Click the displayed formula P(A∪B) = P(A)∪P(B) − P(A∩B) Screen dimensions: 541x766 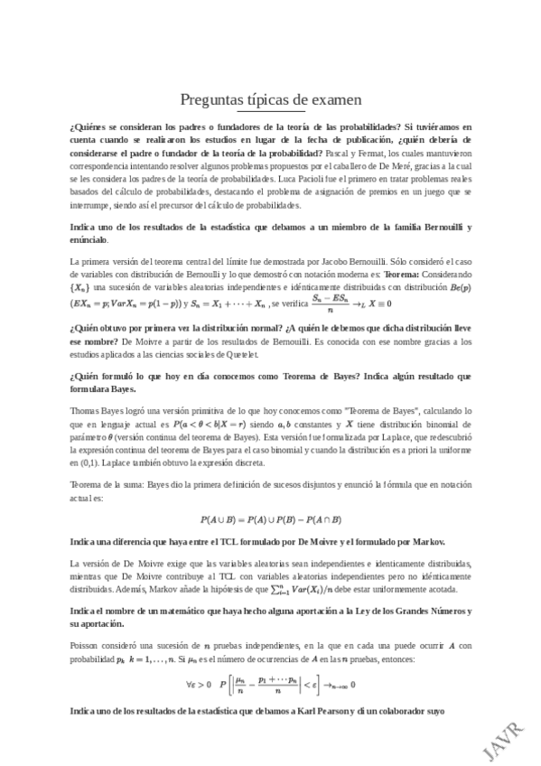tap(270, 518)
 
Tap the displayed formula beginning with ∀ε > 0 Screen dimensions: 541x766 tap(270, 683)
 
